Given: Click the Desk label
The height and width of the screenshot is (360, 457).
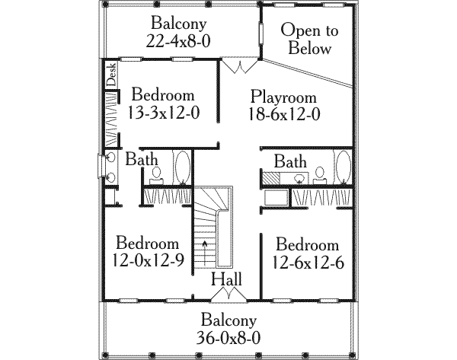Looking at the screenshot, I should [x=110, y=75].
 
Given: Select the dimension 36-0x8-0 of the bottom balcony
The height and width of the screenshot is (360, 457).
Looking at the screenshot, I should [x=229, y=339].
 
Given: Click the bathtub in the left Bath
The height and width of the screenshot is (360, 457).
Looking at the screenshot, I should [x=184, y=167].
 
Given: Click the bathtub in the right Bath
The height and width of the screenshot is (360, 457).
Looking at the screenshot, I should [x=344, y=169].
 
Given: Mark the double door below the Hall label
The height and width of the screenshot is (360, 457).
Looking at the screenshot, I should [x=228, y=294].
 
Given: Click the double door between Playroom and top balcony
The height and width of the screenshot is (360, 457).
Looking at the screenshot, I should [x=241, y=66].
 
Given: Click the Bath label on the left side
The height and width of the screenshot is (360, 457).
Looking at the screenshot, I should [x=142, y=160].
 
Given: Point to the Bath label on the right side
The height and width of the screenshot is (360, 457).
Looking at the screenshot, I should [x=290, y=161].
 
